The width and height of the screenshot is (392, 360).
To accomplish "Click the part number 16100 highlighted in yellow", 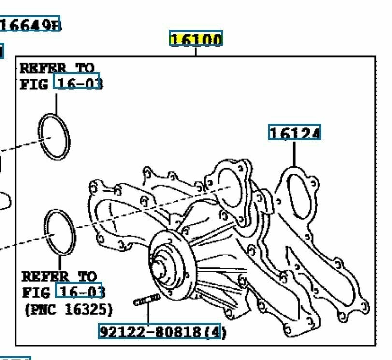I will point(196,39).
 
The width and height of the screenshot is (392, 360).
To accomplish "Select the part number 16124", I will point(294,133).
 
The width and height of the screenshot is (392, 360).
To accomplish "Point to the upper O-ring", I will point(54,137).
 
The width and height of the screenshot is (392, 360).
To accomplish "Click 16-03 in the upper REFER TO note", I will point(79,83).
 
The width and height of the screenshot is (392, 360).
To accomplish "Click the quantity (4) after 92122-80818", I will point(217,332).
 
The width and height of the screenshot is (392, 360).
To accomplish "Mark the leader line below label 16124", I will point(294,154).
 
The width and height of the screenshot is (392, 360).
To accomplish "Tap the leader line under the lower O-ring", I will point(60,263).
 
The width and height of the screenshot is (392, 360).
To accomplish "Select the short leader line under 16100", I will point(196,51).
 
